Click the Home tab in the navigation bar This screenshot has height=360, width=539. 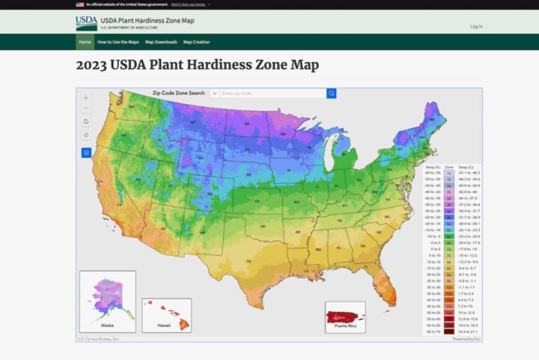coord(85,42)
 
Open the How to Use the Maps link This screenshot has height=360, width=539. coord(118,42)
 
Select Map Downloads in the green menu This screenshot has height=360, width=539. coord(161,42)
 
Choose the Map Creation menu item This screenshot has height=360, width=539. coord(197,42)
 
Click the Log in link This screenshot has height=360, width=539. coord(476,26)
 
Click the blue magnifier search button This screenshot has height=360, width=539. coord(332,94)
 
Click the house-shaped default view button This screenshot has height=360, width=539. coord(86,121)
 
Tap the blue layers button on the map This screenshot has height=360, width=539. coord(86,152)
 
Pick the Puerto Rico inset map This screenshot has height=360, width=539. coord(345,317)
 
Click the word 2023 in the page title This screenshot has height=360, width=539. coord(93,65)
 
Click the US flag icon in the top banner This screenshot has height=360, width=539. coord(80,4)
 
